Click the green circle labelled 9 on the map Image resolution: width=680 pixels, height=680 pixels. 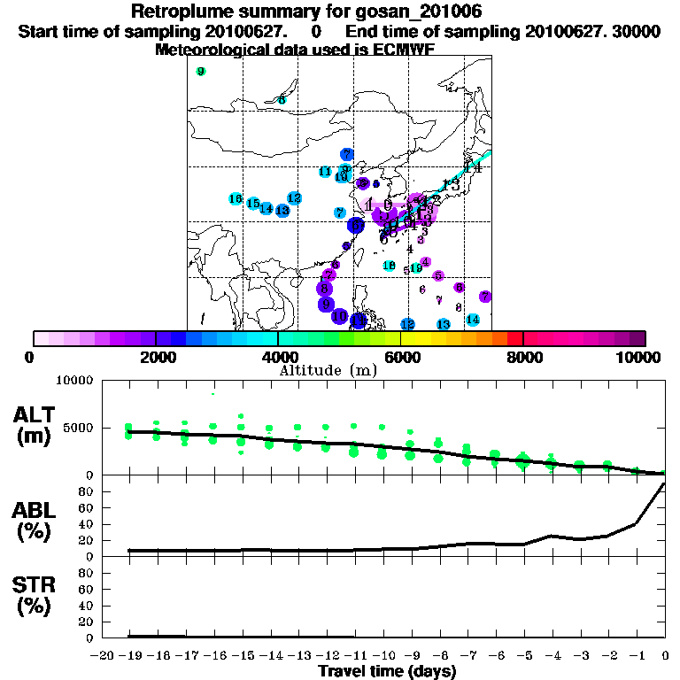tap(201, 72)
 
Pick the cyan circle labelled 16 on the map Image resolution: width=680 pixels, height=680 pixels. tap(236, 199)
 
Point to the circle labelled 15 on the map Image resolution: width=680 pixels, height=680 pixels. tap(253, 204)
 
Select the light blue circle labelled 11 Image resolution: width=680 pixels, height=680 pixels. tap(325, 172)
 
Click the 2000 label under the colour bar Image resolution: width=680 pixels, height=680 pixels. tap(155, 357)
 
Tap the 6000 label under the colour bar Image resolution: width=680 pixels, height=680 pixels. tap(400, 357)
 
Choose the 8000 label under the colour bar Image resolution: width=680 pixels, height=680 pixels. tap(523, 357)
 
